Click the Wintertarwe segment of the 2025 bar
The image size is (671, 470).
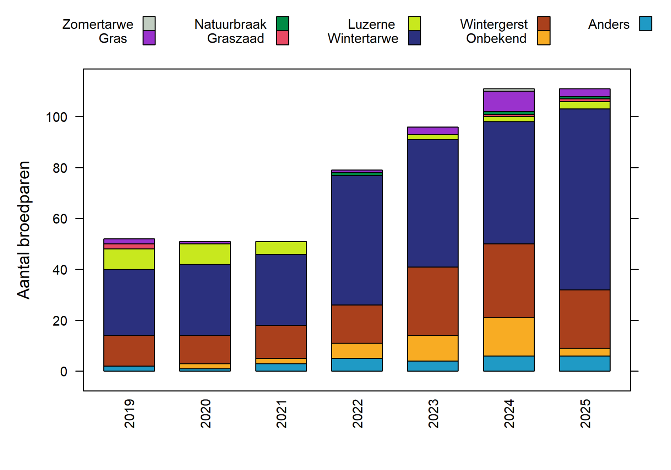584,199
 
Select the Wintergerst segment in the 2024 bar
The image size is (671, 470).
508,281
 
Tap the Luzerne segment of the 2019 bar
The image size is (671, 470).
129,259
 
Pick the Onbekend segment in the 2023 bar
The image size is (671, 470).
432,348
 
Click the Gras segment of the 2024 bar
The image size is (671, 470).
508,101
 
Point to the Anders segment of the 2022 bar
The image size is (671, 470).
357,364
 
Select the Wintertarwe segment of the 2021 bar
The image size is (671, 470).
281,290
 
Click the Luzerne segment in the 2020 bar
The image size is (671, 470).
205,254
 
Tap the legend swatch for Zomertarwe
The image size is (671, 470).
149,23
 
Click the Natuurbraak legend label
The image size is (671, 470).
230,24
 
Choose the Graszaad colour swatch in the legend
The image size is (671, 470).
283,38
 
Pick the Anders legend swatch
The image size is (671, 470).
645,24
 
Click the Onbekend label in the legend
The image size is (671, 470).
496,38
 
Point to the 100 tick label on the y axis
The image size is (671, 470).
56,117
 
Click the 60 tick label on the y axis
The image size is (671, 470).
60,219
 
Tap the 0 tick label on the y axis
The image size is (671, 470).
64,372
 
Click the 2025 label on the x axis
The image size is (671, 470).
585,414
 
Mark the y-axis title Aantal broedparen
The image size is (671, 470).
24,230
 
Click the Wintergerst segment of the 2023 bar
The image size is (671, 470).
432,301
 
